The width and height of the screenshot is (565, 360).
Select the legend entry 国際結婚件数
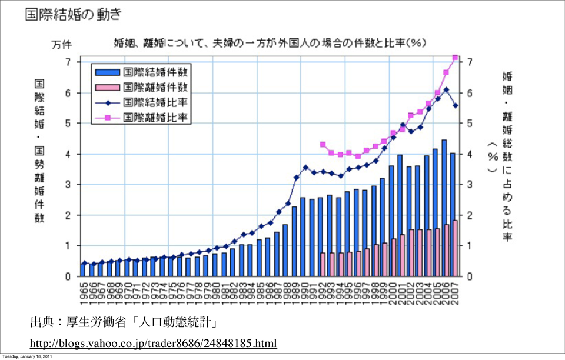click(x=155, y=73)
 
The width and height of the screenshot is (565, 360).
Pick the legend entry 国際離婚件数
click(x=155, y=88)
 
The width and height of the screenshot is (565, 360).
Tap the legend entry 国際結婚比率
click(x=155, y=102)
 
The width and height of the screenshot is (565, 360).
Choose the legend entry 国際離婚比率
click(x=155, y=117)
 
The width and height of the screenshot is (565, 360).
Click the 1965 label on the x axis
click(x=84, y=294)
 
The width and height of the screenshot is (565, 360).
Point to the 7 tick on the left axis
click(x=68, y=62)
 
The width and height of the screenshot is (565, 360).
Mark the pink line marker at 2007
click(x=455, y=58)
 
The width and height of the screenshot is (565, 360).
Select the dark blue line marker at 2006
click(x=446, y=90)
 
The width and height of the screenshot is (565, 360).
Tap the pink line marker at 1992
click(x=323, y=144)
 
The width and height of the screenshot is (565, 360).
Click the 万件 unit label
click(x=62, y=44)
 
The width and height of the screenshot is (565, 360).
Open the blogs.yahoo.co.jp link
click(x=153, y=343)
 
